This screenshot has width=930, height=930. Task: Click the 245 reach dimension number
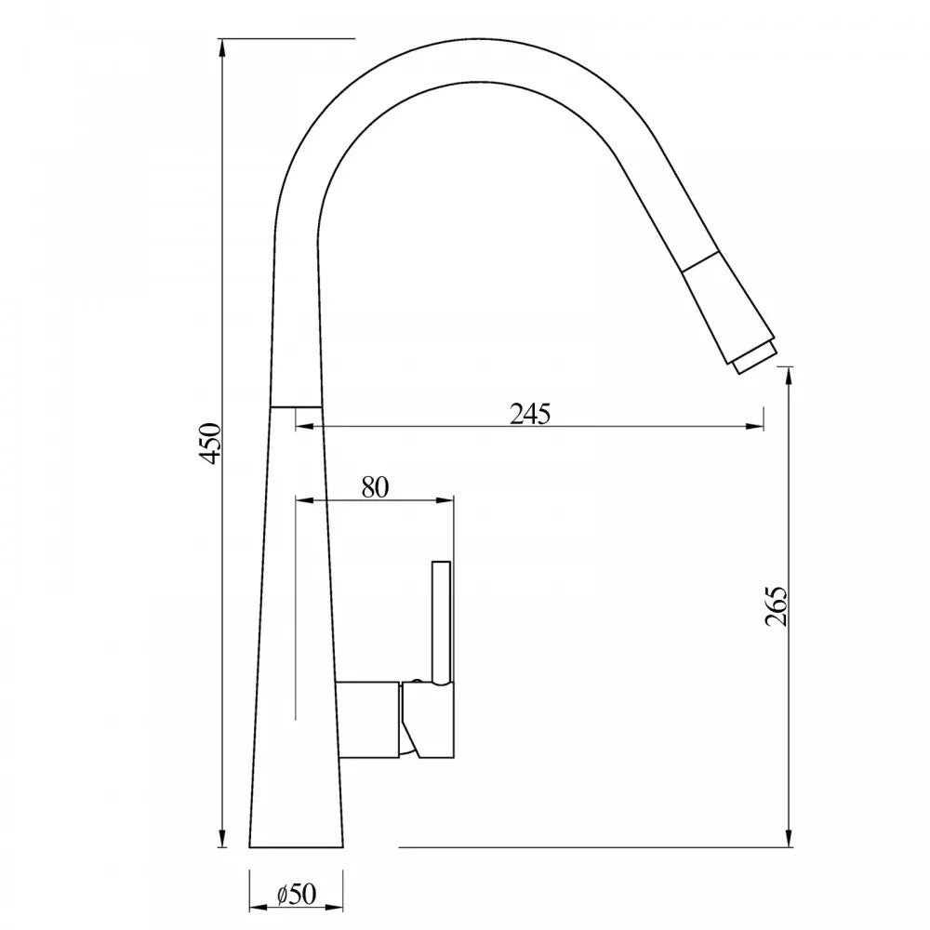pyautogui.click(x=530, y=414)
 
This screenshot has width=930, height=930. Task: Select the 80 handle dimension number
pyautogui.click(x=375, y=486)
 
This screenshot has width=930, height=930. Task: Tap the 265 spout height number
pyautogui.click(x=777, y=606)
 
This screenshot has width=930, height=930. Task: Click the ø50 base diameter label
pyautogui.click(x=297, y=894)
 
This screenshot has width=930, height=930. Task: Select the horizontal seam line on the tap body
pyautogui.click(x=296, y=406)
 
